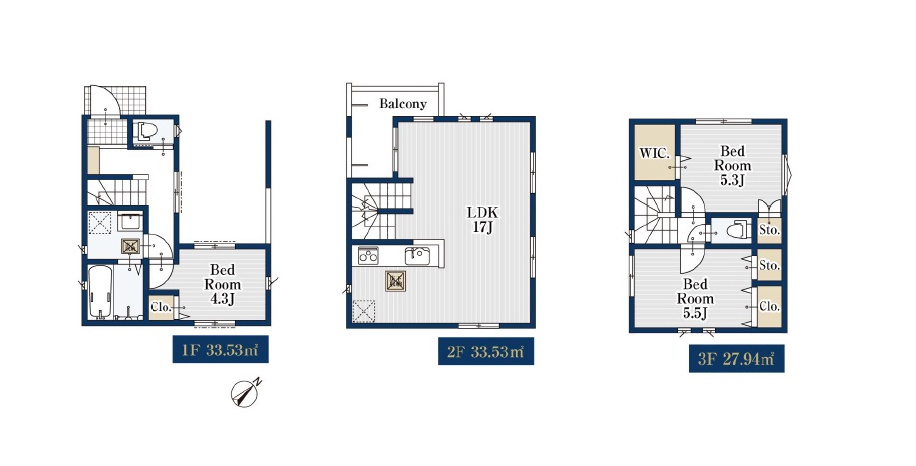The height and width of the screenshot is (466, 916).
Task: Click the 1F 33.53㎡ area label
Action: [x=221, y=349]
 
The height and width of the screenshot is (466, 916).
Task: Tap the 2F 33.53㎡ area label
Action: [x=485, y=351]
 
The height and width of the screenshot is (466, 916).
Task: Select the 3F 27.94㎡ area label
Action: [x=736, y=358]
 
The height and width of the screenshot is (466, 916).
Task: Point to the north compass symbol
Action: [x=246, y=393]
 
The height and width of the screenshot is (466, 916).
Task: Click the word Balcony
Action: [x=403, y=104]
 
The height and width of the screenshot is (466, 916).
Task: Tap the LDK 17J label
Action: [x=482, y=220]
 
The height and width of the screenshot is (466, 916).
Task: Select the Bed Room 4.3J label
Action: [x=222, y=285]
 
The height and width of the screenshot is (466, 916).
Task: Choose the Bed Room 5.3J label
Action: [x=732, y=165]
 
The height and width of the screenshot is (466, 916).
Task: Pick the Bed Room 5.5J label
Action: [x=695, y=299]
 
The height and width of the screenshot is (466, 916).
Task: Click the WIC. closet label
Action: [x=654, y=154]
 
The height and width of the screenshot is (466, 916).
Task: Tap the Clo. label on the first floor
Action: [x=161, y=307]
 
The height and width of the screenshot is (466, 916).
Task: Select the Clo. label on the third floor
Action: [x=769, y=306]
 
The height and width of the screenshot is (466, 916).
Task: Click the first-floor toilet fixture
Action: [x=147, y=131]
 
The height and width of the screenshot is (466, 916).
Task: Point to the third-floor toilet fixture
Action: [x=738, y=230]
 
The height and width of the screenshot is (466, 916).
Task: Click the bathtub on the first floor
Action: [x=100, y=291]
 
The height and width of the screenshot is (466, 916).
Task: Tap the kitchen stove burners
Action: [x=368, y=256]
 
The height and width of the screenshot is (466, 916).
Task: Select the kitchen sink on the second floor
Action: [x=418, y=256]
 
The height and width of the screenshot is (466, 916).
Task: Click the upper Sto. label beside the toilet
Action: [x=769, y=230]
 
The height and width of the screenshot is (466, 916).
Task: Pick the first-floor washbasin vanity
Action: [x=130, y=223]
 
